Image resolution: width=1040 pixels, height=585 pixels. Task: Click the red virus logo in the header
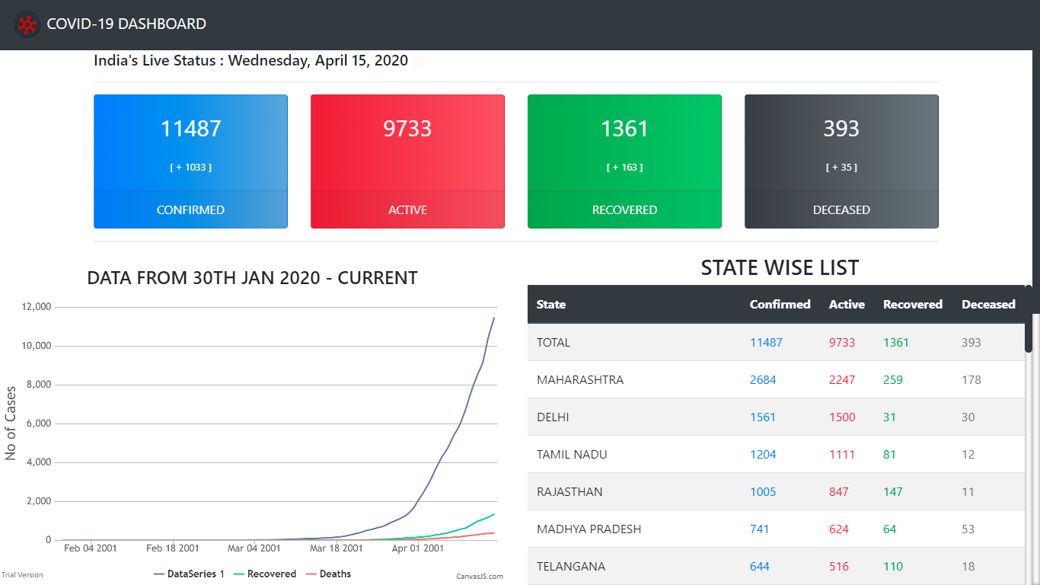(27, 25)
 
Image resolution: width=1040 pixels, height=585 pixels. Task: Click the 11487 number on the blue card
(190, 129)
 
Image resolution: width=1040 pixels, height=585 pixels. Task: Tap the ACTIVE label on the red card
(407, 210)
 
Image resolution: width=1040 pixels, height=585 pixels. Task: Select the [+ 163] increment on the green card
(624, 168)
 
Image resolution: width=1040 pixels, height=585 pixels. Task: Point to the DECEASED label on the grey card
(841, 210)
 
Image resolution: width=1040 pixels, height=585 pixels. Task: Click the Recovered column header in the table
(912, 305)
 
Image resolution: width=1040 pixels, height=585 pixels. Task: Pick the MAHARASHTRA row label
(580, 380)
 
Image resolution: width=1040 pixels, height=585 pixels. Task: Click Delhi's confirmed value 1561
(763, 417)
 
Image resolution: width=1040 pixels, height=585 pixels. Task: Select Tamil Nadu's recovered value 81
(889, 455)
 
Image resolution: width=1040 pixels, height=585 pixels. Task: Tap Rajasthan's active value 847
(839, 492)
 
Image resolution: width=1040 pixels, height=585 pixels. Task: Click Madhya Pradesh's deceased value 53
(968, 529)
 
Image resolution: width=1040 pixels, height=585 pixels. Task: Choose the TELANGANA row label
(571, 567)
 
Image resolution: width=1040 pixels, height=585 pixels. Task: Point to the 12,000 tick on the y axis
(37, 307)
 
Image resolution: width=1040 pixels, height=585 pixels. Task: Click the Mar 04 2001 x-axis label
(254, 548)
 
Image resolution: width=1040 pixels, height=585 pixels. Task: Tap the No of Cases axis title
(11, 424)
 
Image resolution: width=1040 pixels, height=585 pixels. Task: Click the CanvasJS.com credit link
(480, 577)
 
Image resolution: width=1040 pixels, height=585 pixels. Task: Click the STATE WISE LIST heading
(780, 268)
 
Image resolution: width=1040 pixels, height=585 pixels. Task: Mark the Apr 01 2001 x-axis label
(417, 548)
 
